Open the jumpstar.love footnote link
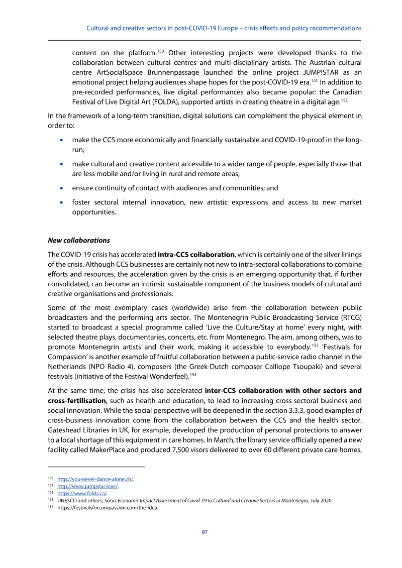tap(88, 486)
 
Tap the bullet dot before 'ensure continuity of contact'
tap(61, 188)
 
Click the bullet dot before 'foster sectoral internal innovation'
tap(61, 203)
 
